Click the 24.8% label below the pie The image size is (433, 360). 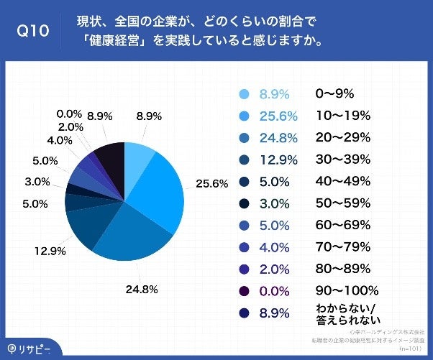[142, 290]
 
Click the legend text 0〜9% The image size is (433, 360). [335, 93]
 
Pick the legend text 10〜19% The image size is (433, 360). [342, 116]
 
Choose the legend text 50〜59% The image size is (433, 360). [342, 203]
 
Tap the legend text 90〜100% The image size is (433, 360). [346, 291]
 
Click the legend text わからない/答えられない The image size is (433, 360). [347, 314]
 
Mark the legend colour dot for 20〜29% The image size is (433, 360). [243, 138]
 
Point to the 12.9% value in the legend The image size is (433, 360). [273, 160]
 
